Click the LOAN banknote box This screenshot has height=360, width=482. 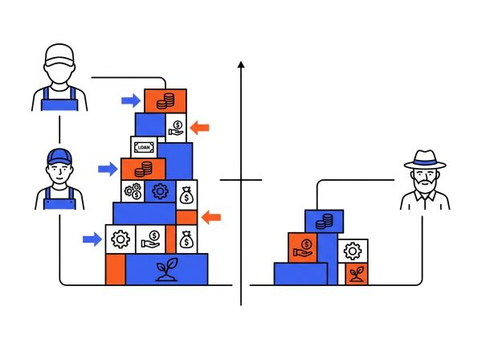coord(144,147)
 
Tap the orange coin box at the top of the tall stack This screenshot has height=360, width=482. coord(165,100)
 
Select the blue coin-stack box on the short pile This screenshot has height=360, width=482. coord(324,221)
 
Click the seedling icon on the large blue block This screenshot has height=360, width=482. coord(166,270)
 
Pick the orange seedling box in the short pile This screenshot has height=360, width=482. coord(357,273)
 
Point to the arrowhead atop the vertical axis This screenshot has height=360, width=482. coord(241,64)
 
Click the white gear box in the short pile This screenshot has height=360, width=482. coord(353,251)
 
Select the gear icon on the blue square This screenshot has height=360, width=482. coord(160,191)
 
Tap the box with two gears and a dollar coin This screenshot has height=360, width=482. coord(133,191)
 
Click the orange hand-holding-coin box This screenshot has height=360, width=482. coord(303,247)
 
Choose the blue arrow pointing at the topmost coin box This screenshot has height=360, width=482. coord(131,100)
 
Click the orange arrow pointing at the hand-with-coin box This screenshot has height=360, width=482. coord(199,128)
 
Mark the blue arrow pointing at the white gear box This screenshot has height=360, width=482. coord(92,239)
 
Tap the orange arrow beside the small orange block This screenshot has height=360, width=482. coord(210,217)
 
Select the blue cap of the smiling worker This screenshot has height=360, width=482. coord(59,157)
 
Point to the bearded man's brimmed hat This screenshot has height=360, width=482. coord(425,159)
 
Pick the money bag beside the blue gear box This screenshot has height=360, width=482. coord(186,195)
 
